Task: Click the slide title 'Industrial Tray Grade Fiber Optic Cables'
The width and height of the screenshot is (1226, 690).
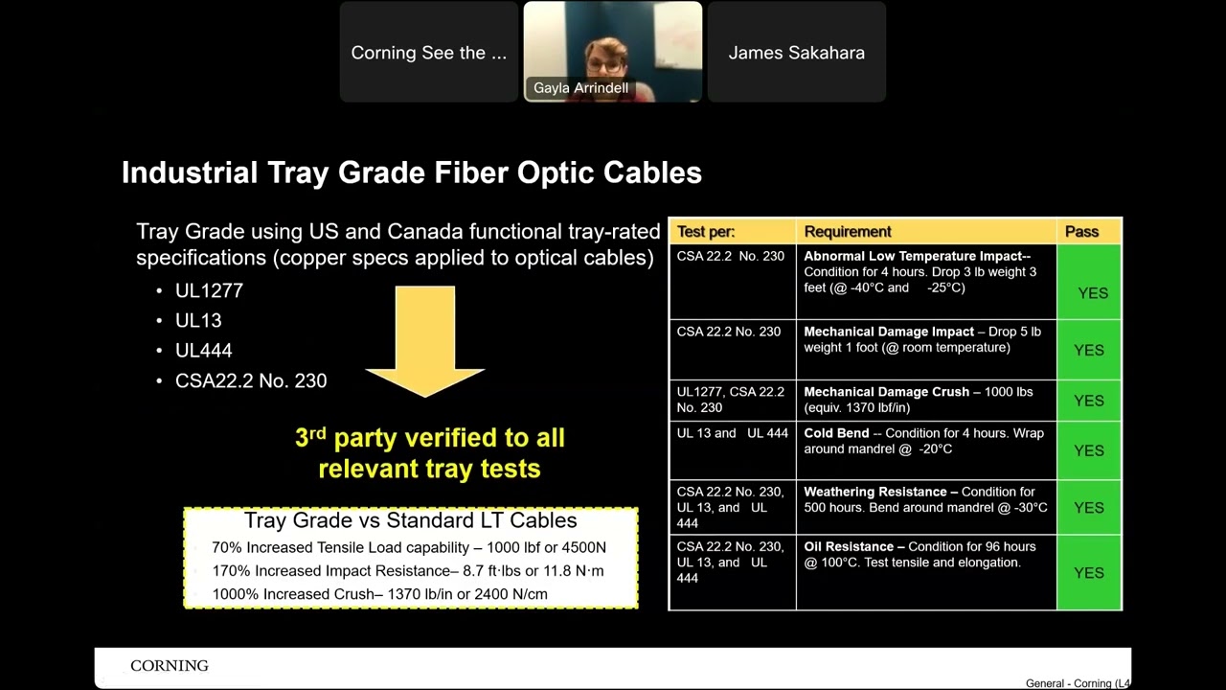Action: tap(411, 172)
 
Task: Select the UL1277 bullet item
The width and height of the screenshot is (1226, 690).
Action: tap(209, 290)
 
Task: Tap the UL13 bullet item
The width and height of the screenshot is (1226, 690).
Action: tap(198, 320)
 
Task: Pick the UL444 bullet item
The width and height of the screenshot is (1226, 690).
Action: tap(203, 351)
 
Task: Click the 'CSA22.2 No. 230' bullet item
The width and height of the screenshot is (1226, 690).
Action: tap(251, 380)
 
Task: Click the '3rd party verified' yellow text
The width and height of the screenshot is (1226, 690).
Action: tap(429, 452)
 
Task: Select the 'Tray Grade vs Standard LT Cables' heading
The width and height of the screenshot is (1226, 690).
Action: tap(410, 520)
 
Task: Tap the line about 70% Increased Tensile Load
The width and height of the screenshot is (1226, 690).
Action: tap(409, 547)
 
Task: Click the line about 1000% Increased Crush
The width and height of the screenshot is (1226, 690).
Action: tap(380, 593)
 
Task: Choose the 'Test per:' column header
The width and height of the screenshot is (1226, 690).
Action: tap(706, 231)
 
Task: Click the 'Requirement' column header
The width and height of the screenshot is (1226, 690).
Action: tap(848, 231)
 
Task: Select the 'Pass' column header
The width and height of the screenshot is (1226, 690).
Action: tap(1081, 231)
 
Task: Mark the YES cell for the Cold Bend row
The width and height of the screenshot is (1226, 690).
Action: tap(1089, 450)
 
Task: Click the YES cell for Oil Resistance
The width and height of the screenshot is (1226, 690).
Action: tap(1089, 572)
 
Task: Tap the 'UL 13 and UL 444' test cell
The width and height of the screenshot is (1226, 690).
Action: tap(732, 433)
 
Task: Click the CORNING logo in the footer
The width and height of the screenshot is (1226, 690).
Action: tap(170, 666)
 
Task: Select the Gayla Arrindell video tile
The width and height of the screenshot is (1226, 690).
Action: tap(612, 52)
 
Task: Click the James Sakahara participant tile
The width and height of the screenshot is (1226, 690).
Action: tap(796, 53)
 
